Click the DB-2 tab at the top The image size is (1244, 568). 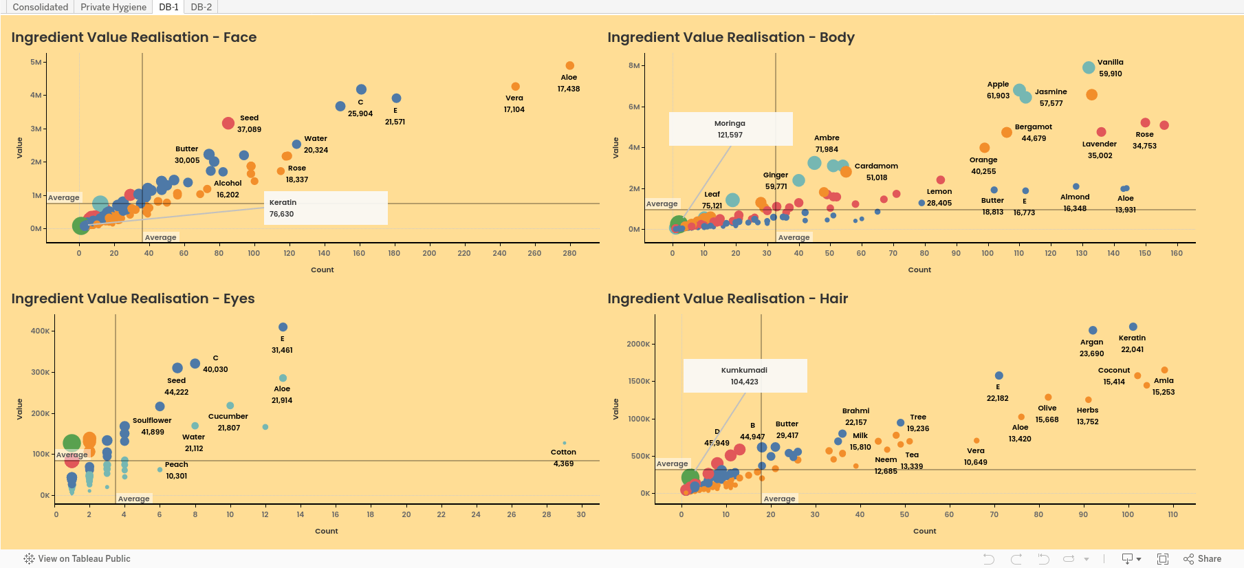coord(201,7)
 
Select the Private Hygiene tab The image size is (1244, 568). coord(113,7)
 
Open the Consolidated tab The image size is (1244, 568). coord(41,7)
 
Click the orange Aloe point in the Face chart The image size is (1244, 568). coord(569,65)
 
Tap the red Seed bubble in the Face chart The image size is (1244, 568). coord(228,123)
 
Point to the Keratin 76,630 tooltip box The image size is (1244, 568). coord(326,208)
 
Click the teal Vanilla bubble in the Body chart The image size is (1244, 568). coord(1089,67)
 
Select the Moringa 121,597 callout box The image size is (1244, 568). coord(730,129)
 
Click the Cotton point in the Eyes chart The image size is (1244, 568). coord(565,443)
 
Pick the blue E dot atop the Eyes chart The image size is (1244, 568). coord(283,327)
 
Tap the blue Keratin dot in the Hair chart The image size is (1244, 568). coord(1133,327)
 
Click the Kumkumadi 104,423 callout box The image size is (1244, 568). coord(745,375)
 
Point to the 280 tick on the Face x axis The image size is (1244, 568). coord(569,253)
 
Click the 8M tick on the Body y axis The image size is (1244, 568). coord(634,65)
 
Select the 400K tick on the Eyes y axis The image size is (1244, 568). coord(40,331)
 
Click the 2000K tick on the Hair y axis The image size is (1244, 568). coord(638,344)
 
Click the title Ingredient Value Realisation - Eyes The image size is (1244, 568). coord(133,298)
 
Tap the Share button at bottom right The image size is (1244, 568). coord(1203,558)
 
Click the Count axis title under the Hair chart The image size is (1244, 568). coord(925,531)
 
